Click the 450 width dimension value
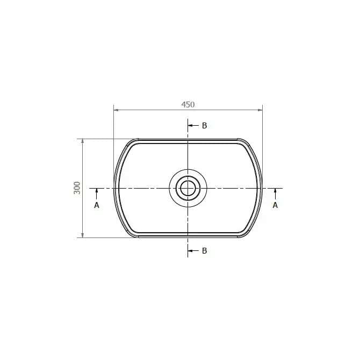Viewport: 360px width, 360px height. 188,105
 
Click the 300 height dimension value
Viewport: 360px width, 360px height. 77,188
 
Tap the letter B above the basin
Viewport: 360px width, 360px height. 204,126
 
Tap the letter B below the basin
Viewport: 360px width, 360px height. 204,251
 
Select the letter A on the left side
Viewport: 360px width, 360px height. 97,205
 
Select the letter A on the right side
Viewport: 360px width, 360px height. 275,205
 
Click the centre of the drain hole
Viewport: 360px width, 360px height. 188,188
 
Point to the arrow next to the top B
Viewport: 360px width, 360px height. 193,126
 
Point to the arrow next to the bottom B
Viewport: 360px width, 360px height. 193,250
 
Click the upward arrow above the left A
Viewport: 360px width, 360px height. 97,194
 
